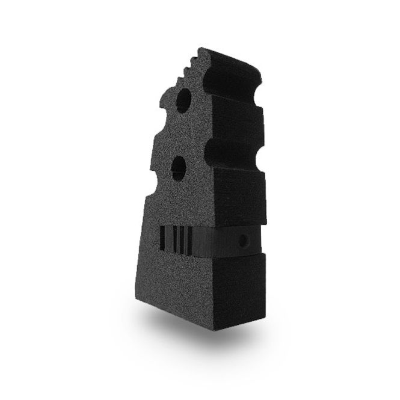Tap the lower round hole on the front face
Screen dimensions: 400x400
pos(179,165)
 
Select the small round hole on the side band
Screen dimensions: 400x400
pos(244,241)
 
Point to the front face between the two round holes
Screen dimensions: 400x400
pos(180,132)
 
